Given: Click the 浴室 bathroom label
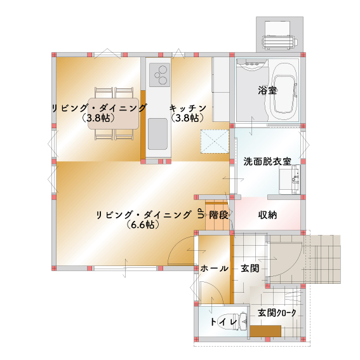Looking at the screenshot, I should tap(267, 90).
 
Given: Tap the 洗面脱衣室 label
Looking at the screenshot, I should tap(267, 162).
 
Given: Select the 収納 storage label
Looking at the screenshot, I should tap(267, 215).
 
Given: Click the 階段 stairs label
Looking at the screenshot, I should tap(218, 215).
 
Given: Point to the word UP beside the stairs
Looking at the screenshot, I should tap(201, 215).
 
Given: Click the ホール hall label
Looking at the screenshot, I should tap(214, 269).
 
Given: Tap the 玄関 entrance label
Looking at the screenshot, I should tap(250, 269).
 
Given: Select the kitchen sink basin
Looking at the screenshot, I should tap(158, 134).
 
